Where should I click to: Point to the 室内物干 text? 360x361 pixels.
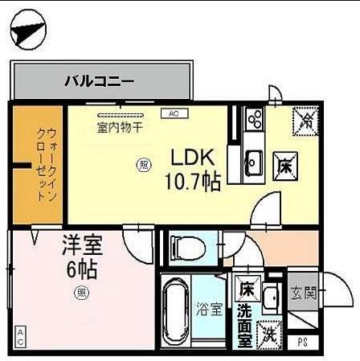pos(121,126)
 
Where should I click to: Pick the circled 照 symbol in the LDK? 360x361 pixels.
pos(144,166)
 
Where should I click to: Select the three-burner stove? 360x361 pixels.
pos(255,120)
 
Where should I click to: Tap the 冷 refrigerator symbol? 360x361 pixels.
pos(305,121)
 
